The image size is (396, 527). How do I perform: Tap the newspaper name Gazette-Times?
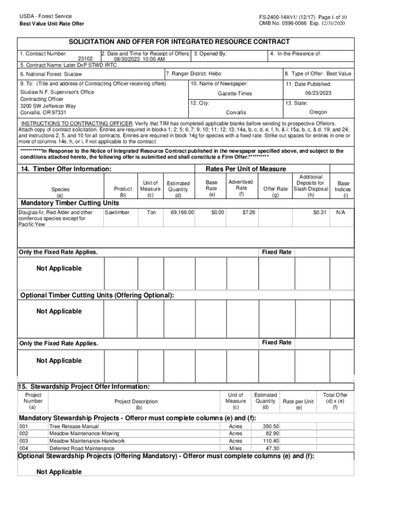(235, 94)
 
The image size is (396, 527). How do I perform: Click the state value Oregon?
(318, 112)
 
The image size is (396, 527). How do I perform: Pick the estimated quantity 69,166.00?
(178, 212)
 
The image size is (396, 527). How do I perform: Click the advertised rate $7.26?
(249, 212)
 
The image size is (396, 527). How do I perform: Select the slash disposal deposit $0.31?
(320, 212)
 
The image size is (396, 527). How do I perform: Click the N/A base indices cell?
(341, 212)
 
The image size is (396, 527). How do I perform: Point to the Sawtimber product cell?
(117, 212)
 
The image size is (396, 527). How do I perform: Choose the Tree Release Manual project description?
(74, 427)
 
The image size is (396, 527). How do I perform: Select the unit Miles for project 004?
(235, 448)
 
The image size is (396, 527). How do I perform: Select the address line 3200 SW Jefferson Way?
(48, 106)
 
